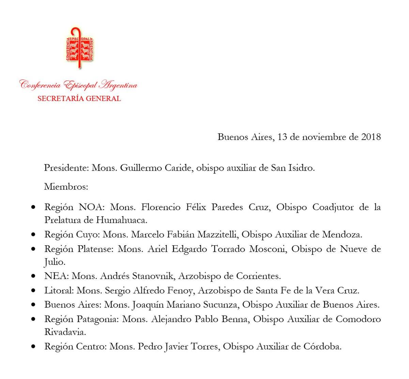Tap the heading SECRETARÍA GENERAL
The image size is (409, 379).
[79, 99]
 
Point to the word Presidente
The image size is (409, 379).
[66, 168]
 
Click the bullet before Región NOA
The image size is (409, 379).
[33, 207]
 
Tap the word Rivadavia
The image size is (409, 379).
[65, 332]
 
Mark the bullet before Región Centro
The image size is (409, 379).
[33, 347]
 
